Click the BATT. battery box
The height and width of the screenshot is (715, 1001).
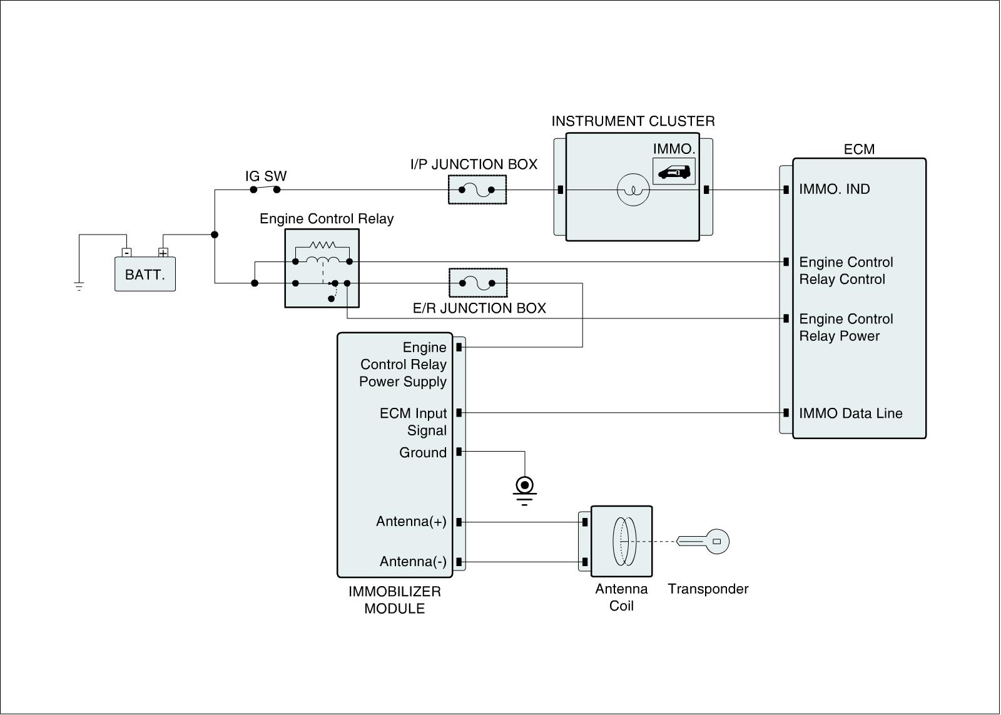(145, 274)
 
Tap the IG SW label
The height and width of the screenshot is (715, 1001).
(266, 176)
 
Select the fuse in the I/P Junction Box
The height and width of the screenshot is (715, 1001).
(477, 190)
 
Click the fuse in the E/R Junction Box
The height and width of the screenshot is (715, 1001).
(477, 283)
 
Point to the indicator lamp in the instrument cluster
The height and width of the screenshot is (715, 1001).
(633, 190)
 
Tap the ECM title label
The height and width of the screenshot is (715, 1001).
(859, 150)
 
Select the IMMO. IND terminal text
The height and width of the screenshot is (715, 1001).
(834, 190)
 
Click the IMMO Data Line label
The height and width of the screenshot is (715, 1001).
(850, 413)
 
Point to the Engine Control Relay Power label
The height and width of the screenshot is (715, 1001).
(846, 328)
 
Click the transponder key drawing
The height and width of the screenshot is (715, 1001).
(704, 541)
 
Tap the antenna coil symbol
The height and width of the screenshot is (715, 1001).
(624, 541)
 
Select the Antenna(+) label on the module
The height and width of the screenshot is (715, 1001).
(411, 522)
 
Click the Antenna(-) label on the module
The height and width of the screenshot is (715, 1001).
(413, 562)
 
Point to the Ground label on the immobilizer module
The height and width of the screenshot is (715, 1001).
(423, 453)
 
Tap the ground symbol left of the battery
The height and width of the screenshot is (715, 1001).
(79, 287)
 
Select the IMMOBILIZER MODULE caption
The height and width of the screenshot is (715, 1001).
(394, 600)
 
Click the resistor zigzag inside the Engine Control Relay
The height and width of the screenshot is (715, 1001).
(322, 245)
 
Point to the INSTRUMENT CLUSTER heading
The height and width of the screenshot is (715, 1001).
(633, 121)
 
